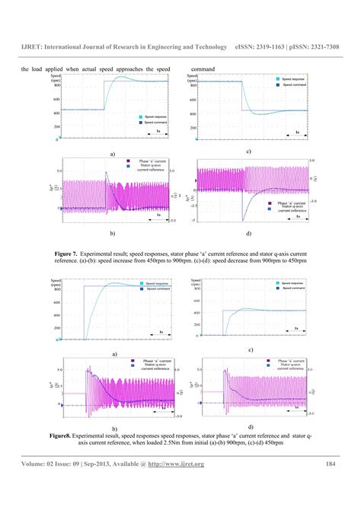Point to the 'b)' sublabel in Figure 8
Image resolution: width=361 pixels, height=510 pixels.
[x=113, y=429]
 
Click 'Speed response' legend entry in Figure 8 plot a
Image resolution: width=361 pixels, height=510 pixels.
[x=146, y=284]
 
